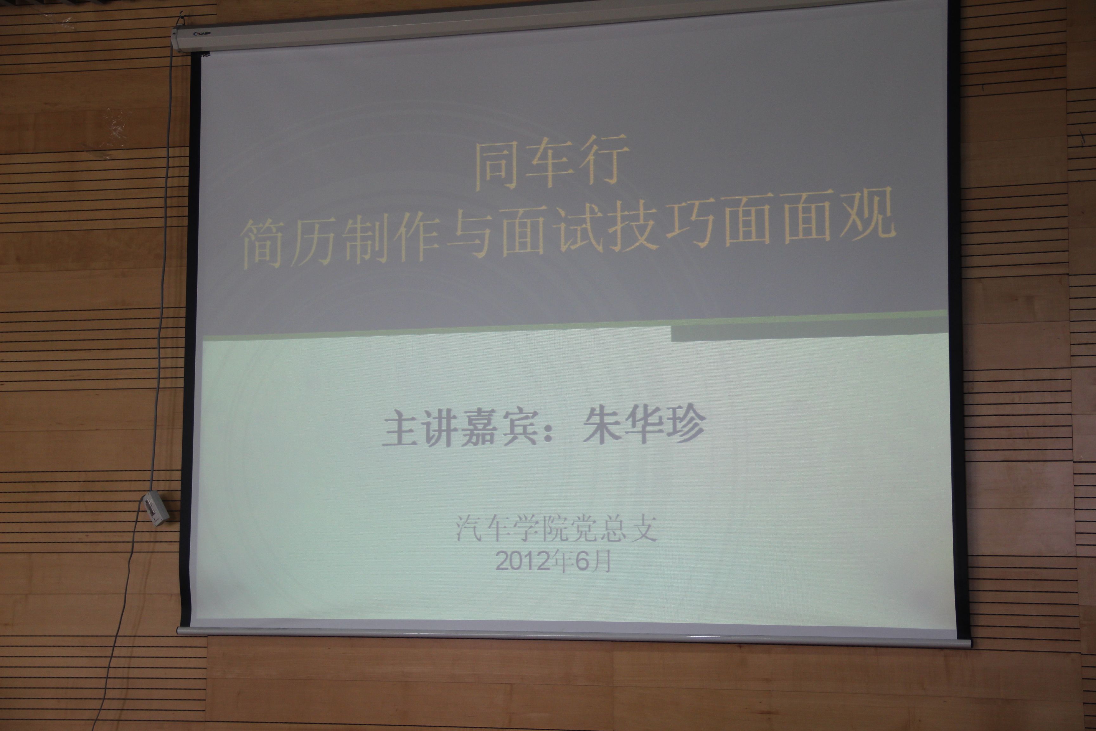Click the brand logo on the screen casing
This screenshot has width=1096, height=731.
pos(202,34)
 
